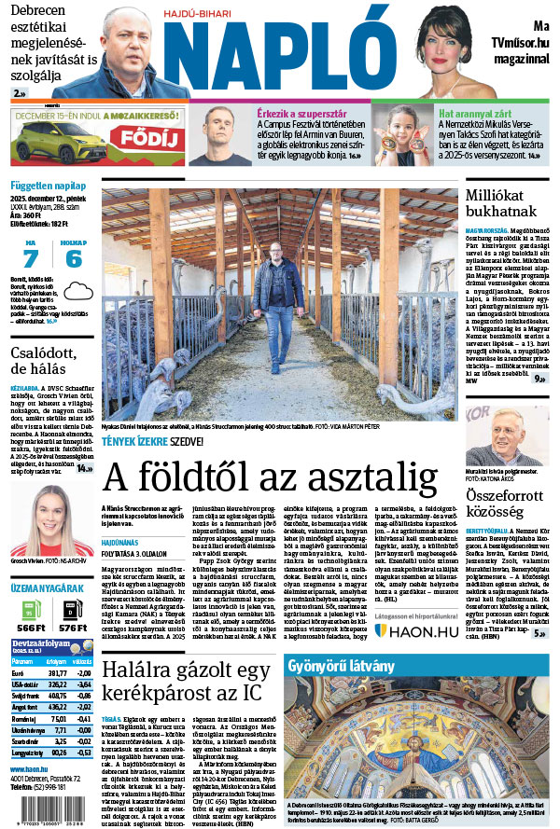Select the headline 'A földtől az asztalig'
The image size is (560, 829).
click(x=270, y=477)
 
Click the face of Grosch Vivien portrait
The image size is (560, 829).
click(x=47, y=510)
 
